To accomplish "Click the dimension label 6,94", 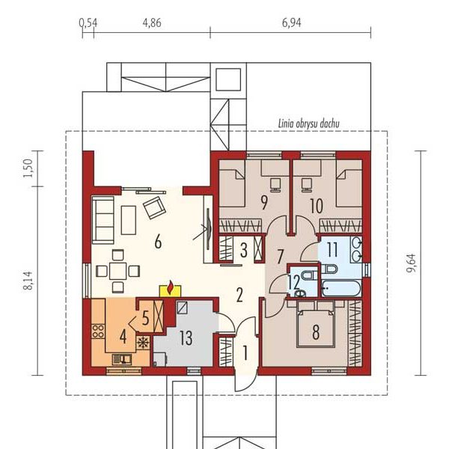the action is coord(292,23).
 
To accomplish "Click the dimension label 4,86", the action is coord(152,23).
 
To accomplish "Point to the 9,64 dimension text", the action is coord(412,263).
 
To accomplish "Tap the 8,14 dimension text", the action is coord(28,281).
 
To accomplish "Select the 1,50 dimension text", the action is coord(28,168).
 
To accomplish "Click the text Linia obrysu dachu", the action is coord(309,123).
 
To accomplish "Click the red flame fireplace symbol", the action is coord(171,288).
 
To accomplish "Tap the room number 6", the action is coord(158,242).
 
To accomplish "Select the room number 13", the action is coord(186,337).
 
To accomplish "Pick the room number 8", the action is coord(316,332).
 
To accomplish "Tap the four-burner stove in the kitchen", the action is coord(98,332).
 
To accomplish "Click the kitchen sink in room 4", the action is coord(122,359).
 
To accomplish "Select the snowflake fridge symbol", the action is coord(143,343).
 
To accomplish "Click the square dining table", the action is coord(118,270).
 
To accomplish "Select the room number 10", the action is coord(317,206).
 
